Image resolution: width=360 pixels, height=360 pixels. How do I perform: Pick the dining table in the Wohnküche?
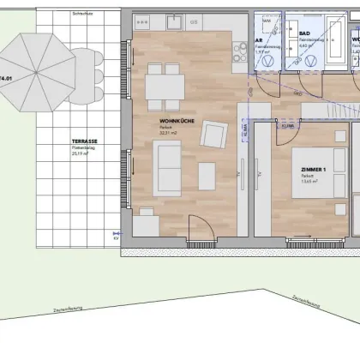[x=165, y=85]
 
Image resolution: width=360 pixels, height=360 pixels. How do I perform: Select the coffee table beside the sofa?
[x=207, y=176]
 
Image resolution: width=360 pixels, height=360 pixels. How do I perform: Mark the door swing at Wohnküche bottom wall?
[x=199, y=227]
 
